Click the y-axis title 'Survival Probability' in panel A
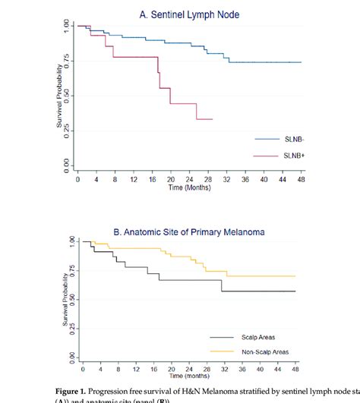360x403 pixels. [58, 95]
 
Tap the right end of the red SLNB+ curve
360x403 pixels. [212, 119]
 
